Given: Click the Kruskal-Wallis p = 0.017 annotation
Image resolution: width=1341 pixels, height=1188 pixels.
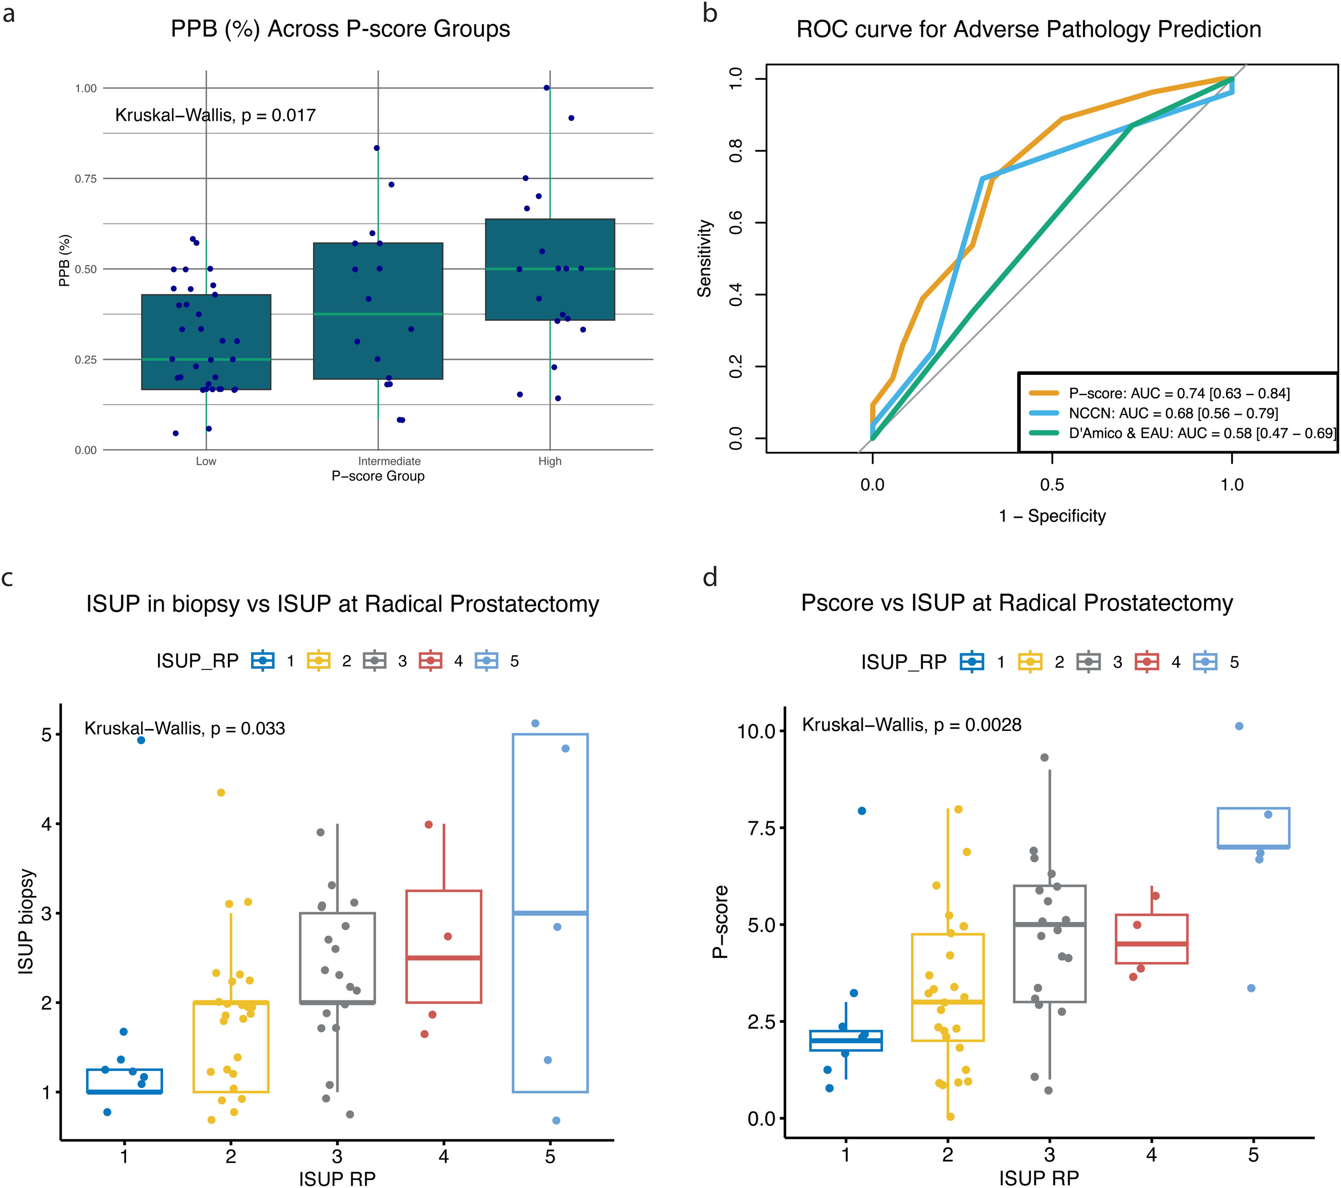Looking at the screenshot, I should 215,115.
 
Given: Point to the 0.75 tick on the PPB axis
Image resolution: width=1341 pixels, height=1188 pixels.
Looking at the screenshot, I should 85,178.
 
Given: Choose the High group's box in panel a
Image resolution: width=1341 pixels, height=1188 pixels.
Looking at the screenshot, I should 550,270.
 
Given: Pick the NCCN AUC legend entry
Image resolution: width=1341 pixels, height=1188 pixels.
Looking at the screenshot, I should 1173,413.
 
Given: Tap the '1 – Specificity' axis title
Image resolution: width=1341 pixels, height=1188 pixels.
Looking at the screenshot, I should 1052,516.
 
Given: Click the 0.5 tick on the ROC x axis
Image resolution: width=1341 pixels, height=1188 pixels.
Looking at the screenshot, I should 1052,485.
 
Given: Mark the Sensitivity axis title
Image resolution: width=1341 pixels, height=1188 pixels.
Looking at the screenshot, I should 705,258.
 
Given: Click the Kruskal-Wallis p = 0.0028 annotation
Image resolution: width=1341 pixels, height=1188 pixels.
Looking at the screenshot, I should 911,725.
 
